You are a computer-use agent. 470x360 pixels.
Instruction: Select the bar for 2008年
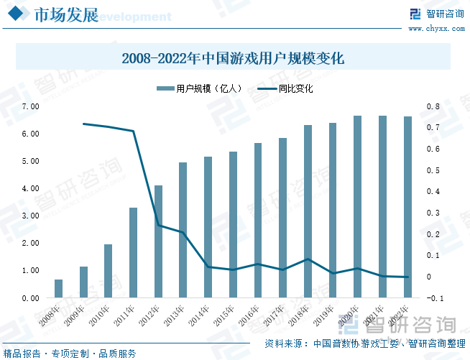click(x=59, y=288)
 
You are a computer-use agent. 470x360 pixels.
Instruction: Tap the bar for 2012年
click(x=158, y=241)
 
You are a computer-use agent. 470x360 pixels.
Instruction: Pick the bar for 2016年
click(x=258, y=220)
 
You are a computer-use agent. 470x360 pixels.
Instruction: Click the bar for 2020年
click(x=357, y=206)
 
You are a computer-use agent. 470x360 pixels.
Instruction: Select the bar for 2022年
click(x=407, y=207)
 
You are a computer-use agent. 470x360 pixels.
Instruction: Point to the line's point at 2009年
click(x=84, y=124)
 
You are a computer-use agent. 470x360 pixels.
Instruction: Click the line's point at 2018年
click(x=308, y=259)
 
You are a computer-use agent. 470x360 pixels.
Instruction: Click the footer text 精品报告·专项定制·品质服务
click(x=70, y=353)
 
